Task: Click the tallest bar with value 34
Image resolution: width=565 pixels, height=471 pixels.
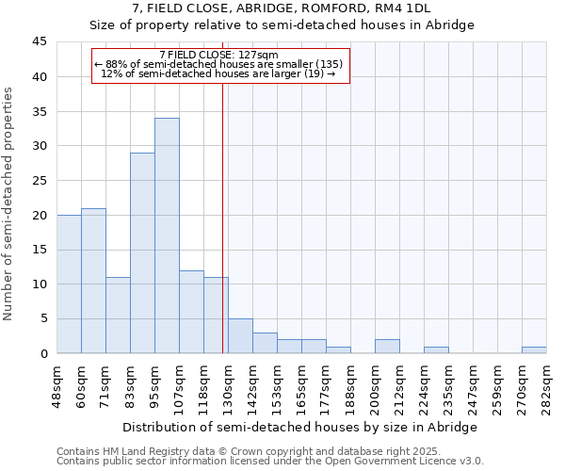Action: [x=167, y=235]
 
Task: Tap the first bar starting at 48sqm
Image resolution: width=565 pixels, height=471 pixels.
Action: [x=69, y=284]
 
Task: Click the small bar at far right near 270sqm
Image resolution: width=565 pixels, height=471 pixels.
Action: [x=534, y=349]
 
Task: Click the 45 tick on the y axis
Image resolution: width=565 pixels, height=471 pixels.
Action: [x=40, y=42]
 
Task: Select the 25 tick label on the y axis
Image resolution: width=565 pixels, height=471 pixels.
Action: [x=40, y=181]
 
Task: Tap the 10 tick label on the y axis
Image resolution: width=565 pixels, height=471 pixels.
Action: [x=40, y=284]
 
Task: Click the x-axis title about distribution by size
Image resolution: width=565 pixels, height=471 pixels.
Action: [x=301, y=427]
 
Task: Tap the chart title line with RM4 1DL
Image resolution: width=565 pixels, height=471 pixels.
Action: [x=282, y=8]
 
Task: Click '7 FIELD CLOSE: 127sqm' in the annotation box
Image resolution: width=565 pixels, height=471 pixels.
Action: [x=219, y=55]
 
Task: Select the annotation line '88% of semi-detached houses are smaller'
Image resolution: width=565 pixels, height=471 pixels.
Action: [x=219, y=64]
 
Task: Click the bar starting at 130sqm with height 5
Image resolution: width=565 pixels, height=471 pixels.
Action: [x=240, y=336]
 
